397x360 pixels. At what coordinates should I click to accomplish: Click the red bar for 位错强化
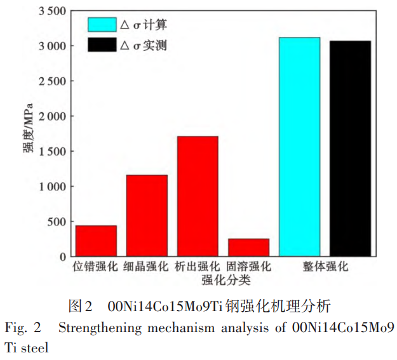pos(96,241)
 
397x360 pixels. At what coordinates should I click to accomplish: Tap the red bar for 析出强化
pos(198,196)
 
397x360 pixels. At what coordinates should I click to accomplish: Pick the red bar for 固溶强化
pos(248,247)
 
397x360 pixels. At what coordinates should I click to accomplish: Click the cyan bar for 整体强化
pos(299,147)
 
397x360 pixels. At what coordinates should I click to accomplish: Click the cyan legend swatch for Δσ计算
pos(102,25)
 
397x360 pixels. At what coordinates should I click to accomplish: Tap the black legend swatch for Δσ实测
pos(102,44)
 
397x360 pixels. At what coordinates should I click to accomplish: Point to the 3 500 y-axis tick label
pos(51,11)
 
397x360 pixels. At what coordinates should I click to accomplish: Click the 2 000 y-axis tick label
pos(51,116)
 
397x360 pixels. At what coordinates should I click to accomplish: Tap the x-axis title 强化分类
pos(222,279)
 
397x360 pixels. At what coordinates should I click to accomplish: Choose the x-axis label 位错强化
pos(96,266)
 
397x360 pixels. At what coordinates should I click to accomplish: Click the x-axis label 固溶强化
pos(248,266)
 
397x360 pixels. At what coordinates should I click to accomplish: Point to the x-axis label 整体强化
pos(325,266)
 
